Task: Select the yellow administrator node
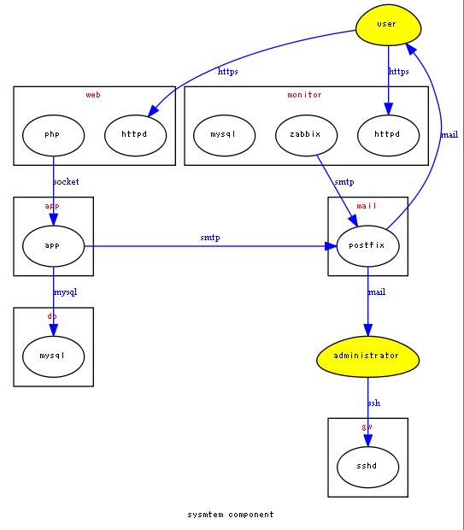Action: pos(368,356)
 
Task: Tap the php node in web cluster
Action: pos(53,134)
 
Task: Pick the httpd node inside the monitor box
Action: pos(390,134)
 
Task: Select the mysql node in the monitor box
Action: pos(223,134)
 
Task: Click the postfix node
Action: pos(368,245)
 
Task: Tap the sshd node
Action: pos(368,466)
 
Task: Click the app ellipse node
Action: pos(53,245)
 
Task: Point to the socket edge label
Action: pos(66,182)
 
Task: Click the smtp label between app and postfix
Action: pos(210,238)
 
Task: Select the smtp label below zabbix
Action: pos(344,182)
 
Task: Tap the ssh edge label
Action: pos(374,403)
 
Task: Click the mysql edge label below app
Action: pos(66,292)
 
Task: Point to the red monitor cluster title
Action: pos(305,95)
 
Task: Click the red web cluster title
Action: pos(93,95)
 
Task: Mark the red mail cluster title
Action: pos(367,206)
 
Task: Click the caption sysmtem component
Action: pos(231,515)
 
